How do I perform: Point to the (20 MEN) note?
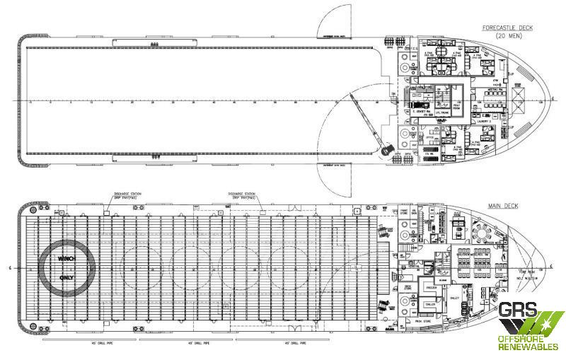(x=509, y=35)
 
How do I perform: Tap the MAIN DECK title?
(x=502, y=206)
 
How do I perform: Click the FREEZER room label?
(x=430, y=288)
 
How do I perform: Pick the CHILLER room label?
(x=430, y=304)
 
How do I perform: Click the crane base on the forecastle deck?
(x=386, y=151)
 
